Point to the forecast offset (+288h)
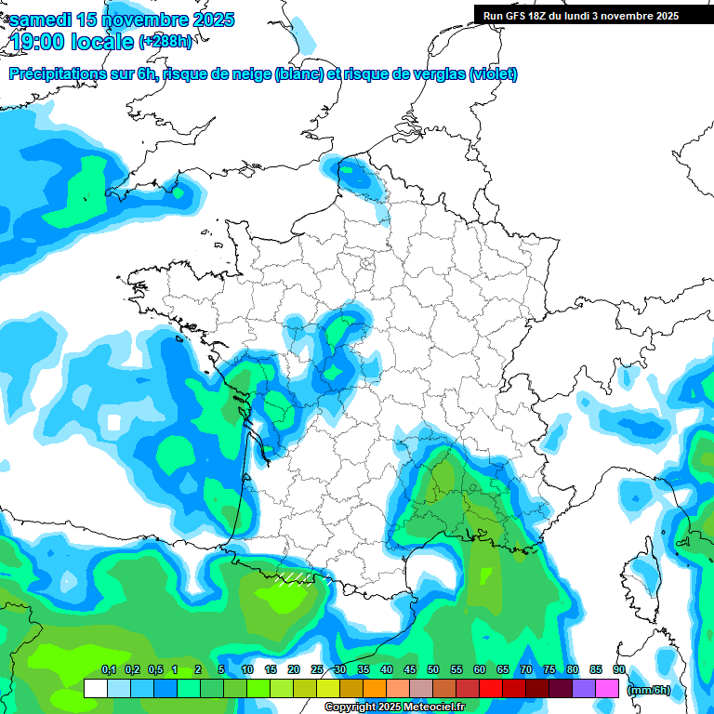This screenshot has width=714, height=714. click(x=165, y=42)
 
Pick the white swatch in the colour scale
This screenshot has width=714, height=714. click(x=95, y=689)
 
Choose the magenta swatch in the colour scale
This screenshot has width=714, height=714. click(x=607, y=689)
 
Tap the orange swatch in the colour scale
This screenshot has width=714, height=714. click(x=375, y=689)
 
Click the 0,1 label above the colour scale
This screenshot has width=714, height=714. click(x=108, y=670)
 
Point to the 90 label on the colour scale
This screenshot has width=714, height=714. click(x=619, y=670)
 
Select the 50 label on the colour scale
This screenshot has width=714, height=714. click(x=433, y=670)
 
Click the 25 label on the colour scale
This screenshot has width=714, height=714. click(x=317, y=670)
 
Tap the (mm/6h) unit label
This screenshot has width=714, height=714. click(x=649, y=689)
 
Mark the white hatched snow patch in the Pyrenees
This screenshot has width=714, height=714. click(x=295, y=578)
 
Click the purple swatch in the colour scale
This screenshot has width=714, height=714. click(x=584, y=689)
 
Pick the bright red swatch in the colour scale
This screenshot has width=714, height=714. click(x=491, y=689)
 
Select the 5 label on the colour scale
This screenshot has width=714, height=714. click(x=221, y=670)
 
